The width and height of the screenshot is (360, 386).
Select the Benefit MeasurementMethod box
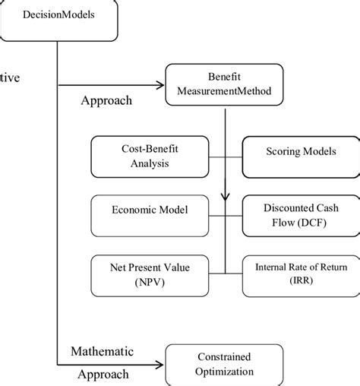224,85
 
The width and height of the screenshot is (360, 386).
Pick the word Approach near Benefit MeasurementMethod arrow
106,100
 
